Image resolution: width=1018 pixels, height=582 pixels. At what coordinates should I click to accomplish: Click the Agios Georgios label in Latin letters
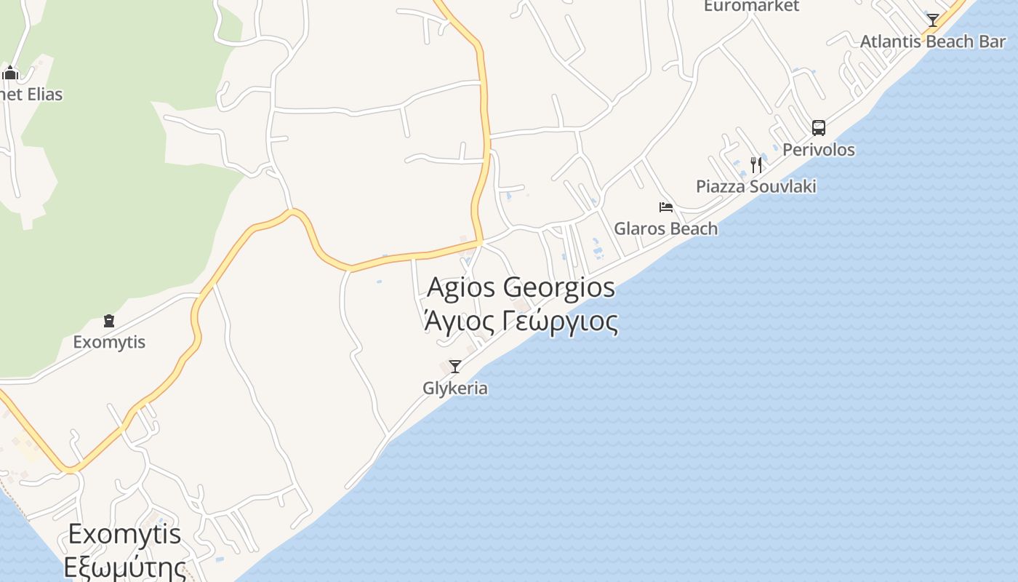pyautogui.click(x=521, y=287)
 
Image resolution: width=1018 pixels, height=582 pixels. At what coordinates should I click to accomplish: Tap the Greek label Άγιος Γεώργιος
pyautogui.click(x=521, y=321)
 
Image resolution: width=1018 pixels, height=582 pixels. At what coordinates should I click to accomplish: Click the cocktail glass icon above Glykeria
pyautogui.click(x=455, y=366)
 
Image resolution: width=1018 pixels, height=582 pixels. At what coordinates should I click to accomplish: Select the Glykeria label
pyautogui.click(x=455, y=388)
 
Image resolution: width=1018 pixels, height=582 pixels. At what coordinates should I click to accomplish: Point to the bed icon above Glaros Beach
pyautogui.click(x=665, y=207)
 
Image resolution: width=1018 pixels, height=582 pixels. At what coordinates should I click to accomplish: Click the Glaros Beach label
pyautogui.click(x=665, y=228)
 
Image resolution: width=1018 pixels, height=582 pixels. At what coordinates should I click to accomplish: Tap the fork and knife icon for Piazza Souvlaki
pyautogui.click(x=756, y=165)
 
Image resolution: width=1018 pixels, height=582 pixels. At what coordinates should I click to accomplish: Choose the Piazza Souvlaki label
pyautogui.click(x=756, y=186)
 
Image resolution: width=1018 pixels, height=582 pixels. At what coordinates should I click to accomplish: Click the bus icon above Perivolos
pyautogui.click(x=819, y=128)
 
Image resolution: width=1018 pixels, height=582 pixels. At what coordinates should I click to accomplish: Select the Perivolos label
pyautogui.click(x=819, y=150)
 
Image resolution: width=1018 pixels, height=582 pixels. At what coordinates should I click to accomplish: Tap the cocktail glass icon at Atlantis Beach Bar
pyautogui.click(x=933, y=20)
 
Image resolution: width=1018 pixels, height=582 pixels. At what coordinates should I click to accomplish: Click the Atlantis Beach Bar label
pyautogui.click(x=933, y=41)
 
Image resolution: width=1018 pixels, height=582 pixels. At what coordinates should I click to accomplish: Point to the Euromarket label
pyautogui.click(x=751, y=6)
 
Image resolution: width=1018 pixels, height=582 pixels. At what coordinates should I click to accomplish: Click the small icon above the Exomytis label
pyautogui.click(x=109, y=321)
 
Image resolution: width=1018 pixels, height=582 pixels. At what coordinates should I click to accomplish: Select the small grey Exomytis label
pyautogui.click(x=109, y=342)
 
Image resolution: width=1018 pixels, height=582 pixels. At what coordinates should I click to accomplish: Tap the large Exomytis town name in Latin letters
pyautogui.click(x=124, y=535)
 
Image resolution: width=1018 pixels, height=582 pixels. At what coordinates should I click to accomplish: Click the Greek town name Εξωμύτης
pyautogui.click(x=124, y=567)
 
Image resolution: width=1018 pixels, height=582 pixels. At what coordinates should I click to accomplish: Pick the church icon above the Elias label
pyautogui.click(x=10, y=73)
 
